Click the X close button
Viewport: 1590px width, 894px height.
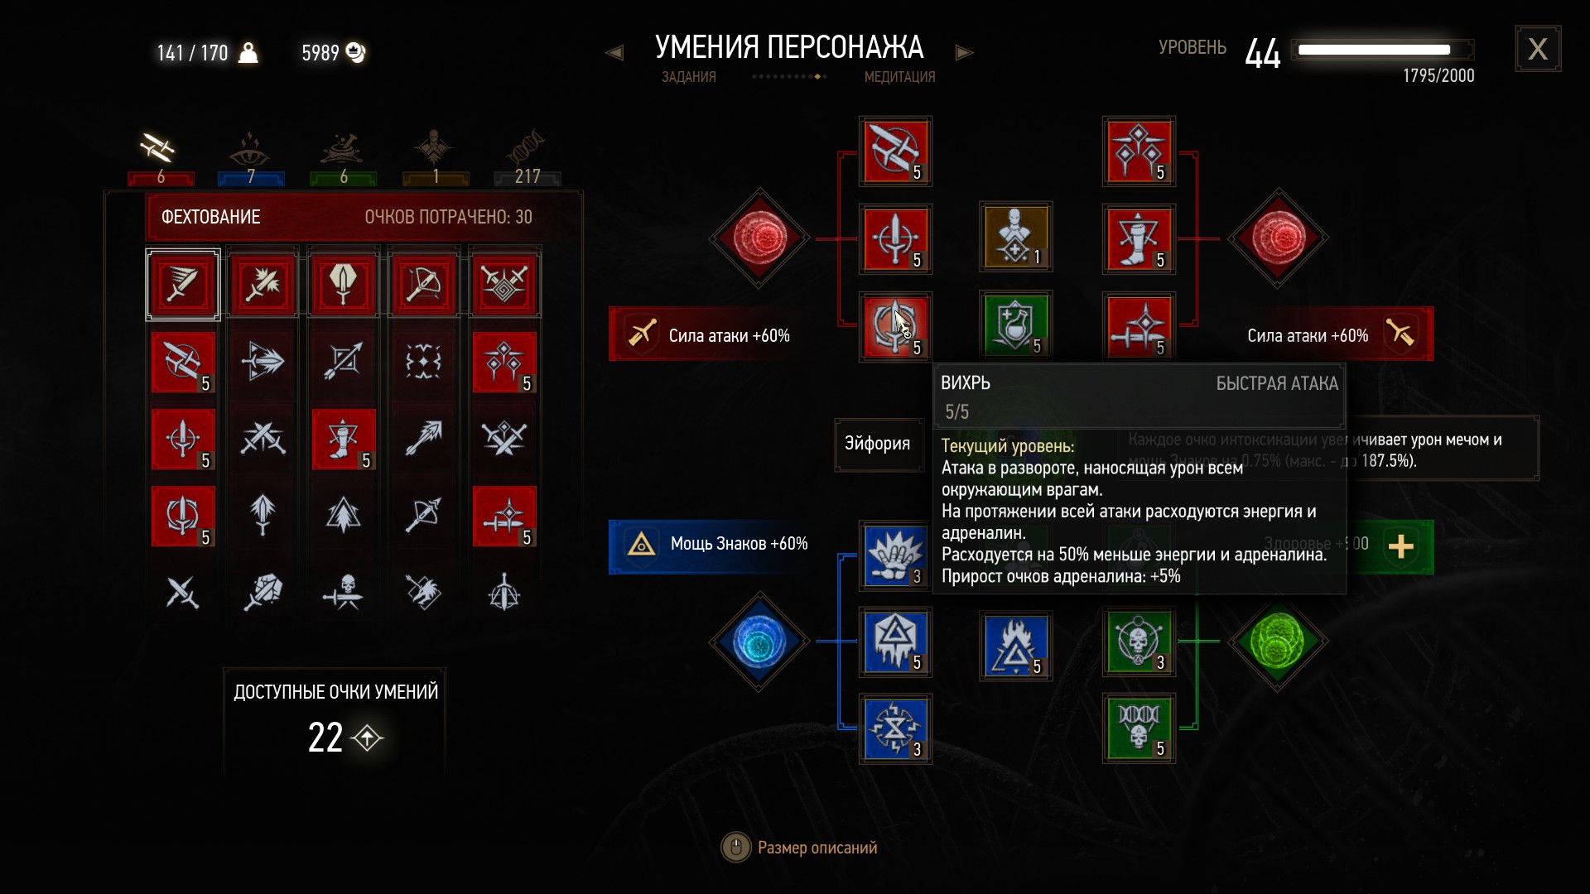(1538, 50)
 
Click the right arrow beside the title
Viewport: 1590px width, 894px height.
(964, 53)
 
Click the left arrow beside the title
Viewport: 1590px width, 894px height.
(614, 53)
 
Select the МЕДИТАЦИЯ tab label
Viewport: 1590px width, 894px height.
(899, 77)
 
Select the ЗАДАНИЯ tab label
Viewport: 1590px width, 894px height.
(688, 77)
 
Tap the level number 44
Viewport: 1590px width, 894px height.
(1262, 54)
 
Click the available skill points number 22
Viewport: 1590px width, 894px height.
(325, 737)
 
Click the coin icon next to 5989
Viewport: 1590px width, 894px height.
(356, 52)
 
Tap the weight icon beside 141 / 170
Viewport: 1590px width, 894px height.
(248, 53)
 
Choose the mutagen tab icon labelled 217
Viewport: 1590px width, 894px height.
(527, 149)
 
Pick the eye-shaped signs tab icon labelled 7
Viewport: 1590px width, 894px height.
(250, 149)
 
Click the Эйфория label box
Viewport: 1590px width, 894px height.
(877, 444)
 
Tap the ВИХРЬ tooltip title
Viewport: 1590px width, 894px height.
(966, 383)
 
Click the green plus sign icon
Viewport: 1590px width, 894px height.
(1400, 546)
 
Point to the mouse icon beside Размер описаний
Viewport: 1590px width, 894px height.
(735, 848)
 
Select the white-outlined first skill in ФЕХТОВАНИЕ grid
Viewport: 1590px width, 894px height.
(183, 285)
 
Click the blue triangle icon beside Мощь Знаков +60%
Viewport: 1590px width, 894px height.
(641, 544)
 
